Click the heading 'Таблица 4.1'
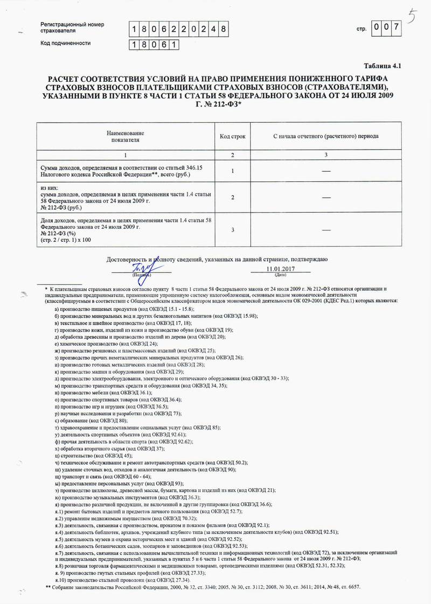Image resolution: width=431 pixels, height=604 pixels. [x=383, y=66]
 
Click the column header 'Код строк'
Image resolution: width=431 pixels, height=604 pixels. [x=233, y=136]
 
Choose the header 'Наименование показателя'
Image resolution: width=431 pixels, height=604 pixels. [x=125, y=136]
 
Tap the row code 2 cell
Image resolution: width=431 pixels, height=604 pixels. [x=233, y=198]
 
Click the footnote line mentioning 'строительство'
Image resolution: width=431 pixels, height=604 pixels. [x=94, y=455]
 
